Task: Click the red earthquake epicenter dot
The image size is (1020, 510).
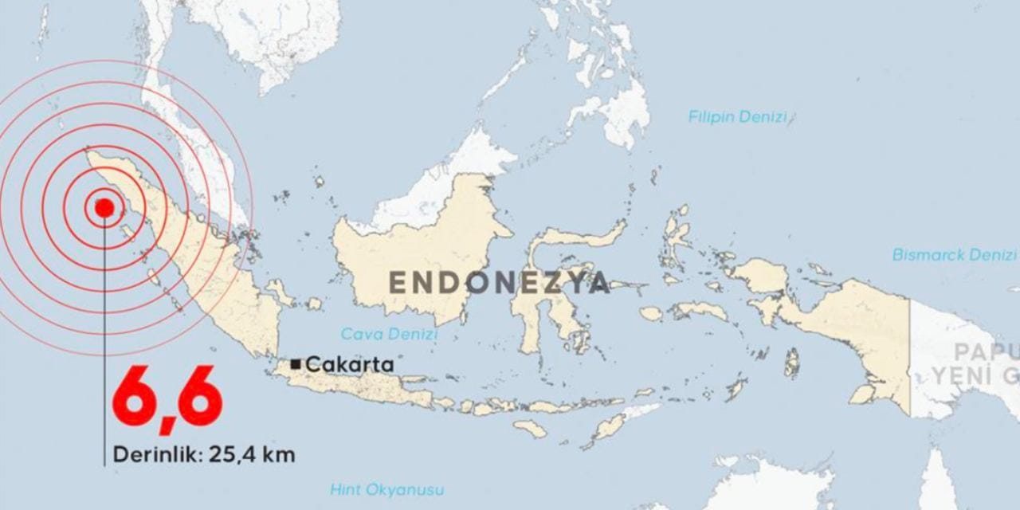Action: coord(104,208)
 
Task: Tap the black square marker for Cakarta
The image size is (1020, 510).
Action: coord(296,364)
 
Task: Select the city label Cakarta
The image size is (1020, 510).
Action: coord(350,364)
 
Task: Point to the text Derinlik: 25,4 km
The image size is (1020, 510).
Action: coord(204,455)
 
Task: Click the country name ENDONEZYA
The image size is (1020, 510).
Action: coord(499,283)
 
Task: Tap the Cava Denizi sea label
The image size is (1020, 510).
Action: coord(390,334)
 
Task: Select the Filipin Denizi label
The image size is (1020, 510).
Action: coord(737,117)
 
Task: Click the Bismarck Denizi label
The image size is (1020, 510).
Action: coord(954,255)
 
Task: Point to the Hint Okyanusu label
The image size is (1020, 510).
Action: coord(387,489)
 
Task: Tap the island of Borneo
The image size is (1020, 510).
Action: coord(422,239)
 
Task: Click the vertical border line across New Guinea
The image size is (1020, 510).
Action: coord(910,351)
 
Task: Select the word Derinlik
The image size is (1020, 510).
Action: coord(156,455)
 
